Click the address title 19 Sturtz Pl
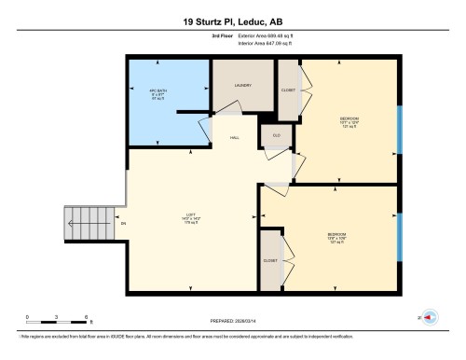tap(232, 21)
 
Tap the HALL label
tap(237, 137)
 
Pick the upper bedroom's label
tap(349, 121)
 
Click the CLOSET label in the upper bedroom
tap(288, 90)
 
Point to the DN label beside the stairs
tap(123, 224)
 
